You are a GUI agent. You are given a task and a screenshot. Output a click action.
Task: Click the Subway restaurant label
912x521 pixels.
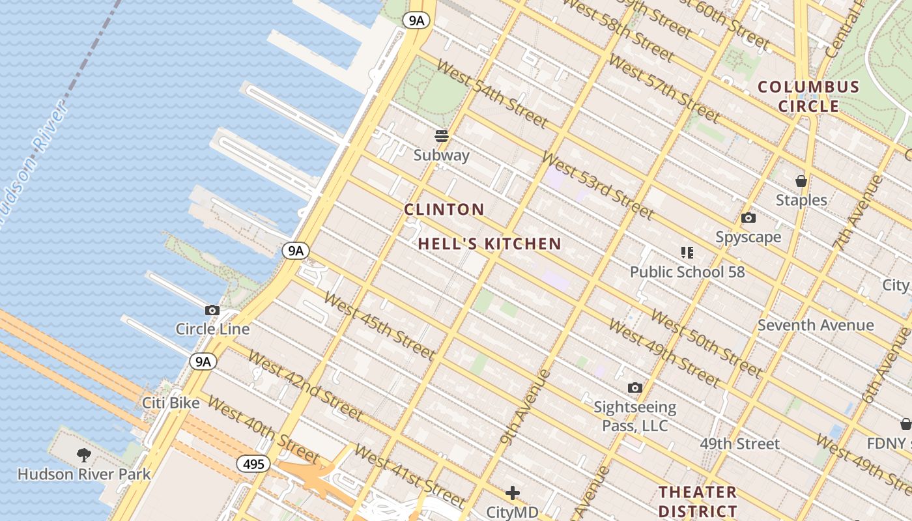(x=442, y=155)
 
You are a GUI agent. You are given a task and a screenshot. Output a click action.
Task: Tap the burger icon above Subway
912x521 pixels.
(x=442, y=136)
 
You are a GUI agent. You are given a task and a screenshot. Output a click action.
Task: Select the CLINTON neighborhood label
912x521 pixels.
(x=444, y=210)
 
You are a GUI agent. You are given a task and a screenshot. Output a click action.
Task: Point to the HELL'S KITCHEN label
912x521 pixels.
(x=489, y=244)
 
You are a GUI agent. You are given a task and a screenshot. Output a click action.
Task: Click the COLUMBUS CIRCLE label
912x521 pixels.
(x=808, y=96)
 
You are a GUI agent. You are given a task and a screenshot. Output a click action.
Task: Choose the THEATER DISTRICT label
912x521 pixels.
(x=698, y=501)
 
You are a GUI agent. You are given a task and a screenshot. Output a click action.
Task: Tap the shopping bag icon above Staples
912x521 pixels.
(x=801, y=181)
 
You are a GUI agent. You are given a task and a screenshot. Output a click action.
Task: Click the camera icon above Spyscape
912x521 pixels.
(x=748, y=218)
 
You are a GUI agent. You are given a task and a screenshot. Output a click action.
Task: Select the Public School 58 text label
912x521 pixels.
(x=687, y=272)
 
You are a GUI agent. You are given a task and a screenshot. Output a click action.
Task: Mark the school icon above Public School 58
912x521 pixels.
(x=687, y=252)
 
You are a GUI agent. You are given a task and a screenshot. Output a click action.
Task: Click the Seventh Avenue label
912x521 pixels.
(x=816, y=325)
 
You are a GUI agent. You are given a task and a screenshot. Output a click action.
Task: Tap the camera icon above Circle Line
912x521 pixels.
(x=212, y=311)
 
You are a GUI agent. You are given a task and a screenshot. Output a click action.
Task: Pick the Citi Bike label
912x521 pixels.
(x=171, y=403)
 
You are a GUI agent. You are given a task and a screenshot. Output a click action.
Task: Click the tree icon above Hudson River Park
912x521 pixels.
(x=83, y=455)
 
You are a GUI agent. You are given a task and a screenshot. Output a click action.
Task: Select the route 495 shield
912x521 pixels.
(x=253, y=464)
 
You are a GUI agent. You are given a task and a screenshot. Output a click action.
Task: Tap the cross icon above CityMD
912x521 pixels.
(x=513, y=493)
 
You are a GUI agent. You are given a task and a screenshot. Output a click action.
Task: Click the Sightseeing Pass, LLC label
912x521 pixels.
(x=634, y=417)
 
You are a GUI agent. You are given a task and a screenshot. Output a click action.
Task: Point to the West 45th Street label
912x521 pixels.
(x=378, y=326)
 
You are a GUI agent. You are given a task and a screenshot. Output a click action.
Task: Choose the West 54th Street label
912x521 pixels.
(x=492, y=94)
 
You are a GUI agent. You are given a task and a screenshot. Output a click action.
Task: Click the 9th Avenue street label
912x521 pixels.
(x=526, y=406)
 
